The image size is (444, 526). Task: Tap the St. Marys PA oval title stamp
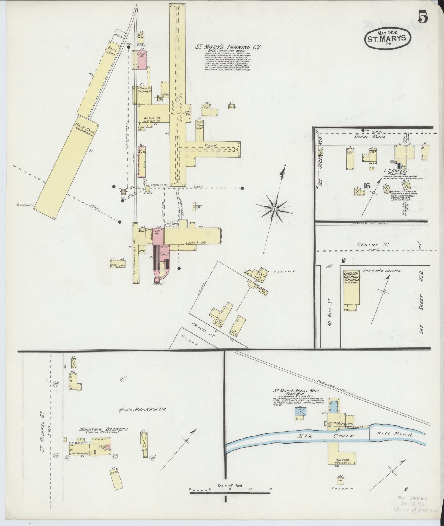point(388,39)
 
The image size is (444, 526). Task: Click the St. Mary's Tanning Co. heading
point(227,47)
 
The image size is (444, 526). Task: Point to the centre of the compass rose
point(274,210)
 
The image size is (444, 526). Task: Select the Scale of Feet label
point(230,293)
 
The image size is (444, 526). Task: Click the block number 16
point(366,186)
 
